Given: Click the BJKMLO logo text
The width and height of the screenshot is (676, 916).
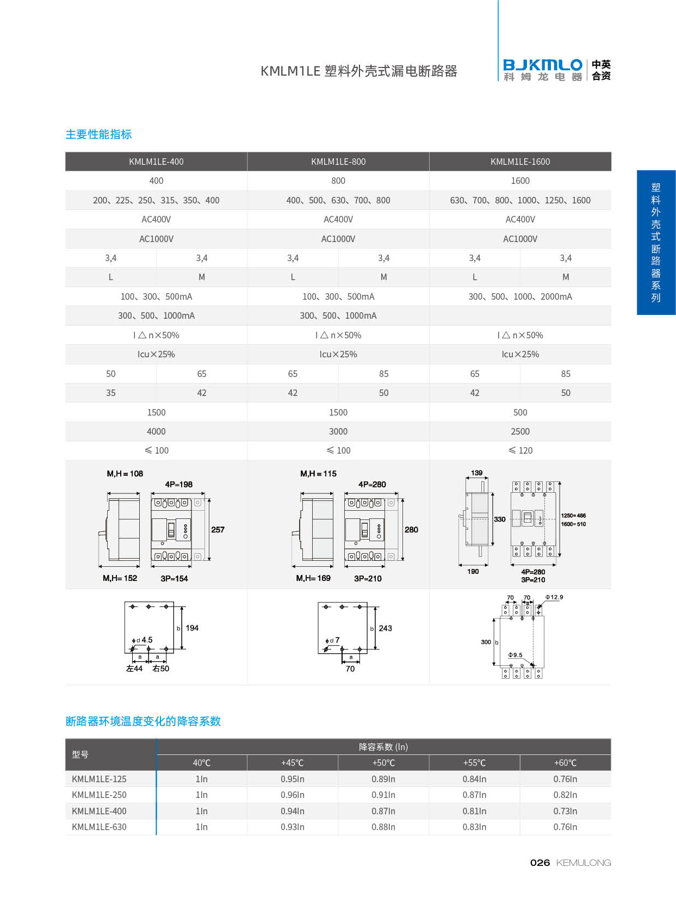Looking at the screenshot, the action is point(543,65).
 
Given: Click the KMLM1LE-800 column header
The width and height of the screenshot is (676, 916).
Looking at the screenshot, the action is point(338,162).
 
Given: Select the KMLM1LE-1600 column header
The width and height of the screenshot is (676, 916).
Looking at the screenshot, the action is point(520,162).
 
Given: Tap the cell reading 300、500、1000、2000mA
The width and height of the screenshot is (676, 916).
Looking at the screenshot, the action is point(520,296).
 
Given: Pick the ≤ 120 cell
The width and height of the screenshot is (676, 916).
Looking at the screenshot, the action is point(520,450).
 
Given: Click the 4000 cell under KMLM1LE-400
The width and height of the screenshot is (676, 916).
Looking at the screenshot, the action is point(156,431).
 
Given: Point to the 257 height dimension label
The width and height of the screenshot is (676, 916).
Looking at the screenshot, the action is point(218,529).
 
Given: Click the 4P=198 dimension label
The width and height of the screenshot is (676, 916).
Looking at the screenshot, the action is point(179,484).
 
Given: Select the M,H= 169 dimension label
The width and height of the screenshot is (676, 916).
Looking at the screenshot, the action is point(313,578).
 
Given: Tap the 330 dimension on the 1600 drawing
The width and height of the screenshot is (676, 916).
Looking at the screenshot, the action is point(500,519).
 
